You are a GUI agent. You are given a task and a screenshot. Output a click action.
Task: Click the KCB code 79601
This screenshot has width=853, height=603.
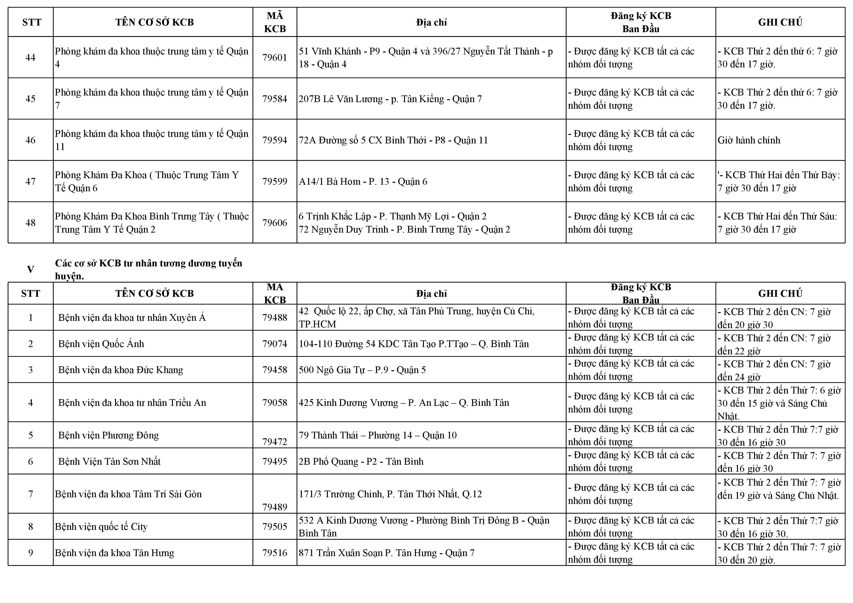tap(275, 58)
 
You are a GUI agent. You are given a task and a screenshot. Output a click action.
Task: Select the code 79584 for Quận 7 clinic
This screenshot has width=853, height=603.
tap(275, 99)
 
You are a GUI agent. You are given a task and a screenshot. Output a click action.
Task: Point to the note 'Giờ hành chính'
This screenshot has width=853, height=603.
tap(749, 140)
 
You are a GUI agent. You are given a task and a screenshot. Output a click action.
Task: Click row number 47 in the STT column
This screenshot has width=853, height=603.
tap(30, 182)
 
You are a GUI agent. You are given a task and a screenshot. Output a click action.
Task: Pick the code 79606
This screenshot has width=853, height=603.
tap(275, 223)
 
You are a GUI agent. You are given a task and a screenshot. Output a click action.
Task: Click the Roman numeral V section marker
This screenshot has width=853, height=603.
tap(30, 270)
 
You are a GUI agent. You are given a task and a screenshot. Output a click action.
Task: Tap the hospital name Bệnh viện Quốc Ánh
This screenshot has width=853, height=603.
tap(101, 344)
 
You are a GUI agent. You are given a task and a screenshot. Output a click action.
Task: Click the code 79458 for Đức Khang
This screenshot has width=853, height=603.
tap(275, 370)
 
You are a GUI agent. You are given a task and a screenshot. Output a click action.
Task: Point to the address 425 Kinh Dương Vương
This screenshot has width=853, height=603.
tap(404, 403)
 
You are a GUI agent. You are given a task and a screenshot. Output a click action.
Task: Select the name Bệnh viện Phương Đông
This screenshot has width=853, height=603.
tap(108, 435)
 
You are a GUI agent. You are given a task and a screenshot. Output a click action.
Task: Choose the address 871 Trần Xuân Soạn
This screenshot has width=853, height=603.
tap(387, 553)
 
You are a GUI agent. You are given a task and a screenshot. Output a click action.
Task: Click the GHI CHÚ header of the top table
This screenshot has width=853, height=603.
tap(780, 22)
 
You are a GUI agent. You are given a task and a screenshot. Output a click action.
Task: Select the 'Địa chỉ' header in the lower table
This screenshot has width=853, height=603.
tap(431, 294)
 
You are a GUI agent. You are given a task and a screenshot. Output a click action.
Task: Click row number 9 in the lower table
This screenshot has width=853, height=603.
tap(30, 553)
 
